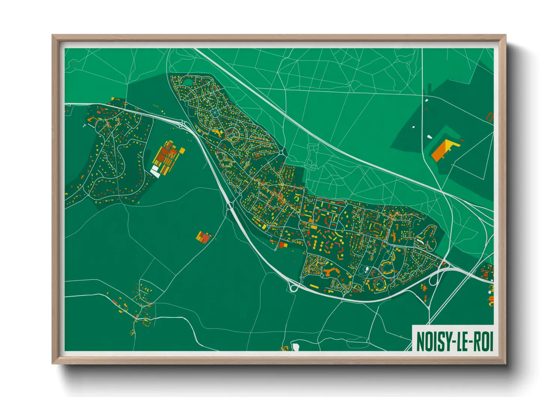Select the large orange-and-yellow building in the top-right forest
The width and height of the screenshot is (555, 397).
click(x=442, y=150)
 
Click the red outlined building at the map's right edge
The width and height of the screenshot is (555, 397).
click(x=490, y=116)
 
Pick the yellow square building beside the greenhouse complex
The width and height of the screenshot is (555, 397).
click(x=182, y=150)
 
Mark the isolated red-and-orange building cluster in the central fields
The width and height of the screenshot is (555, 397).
click(x=204, y=237)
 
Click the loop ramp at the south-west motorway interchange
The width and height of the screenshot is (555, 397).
click(x=293, y=288)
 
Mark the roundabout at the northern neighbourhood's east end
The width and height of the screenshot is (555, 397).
click(x=281, y=152)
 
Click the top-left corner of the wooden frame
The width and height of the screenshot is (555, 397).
click(x=53, y=36)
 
